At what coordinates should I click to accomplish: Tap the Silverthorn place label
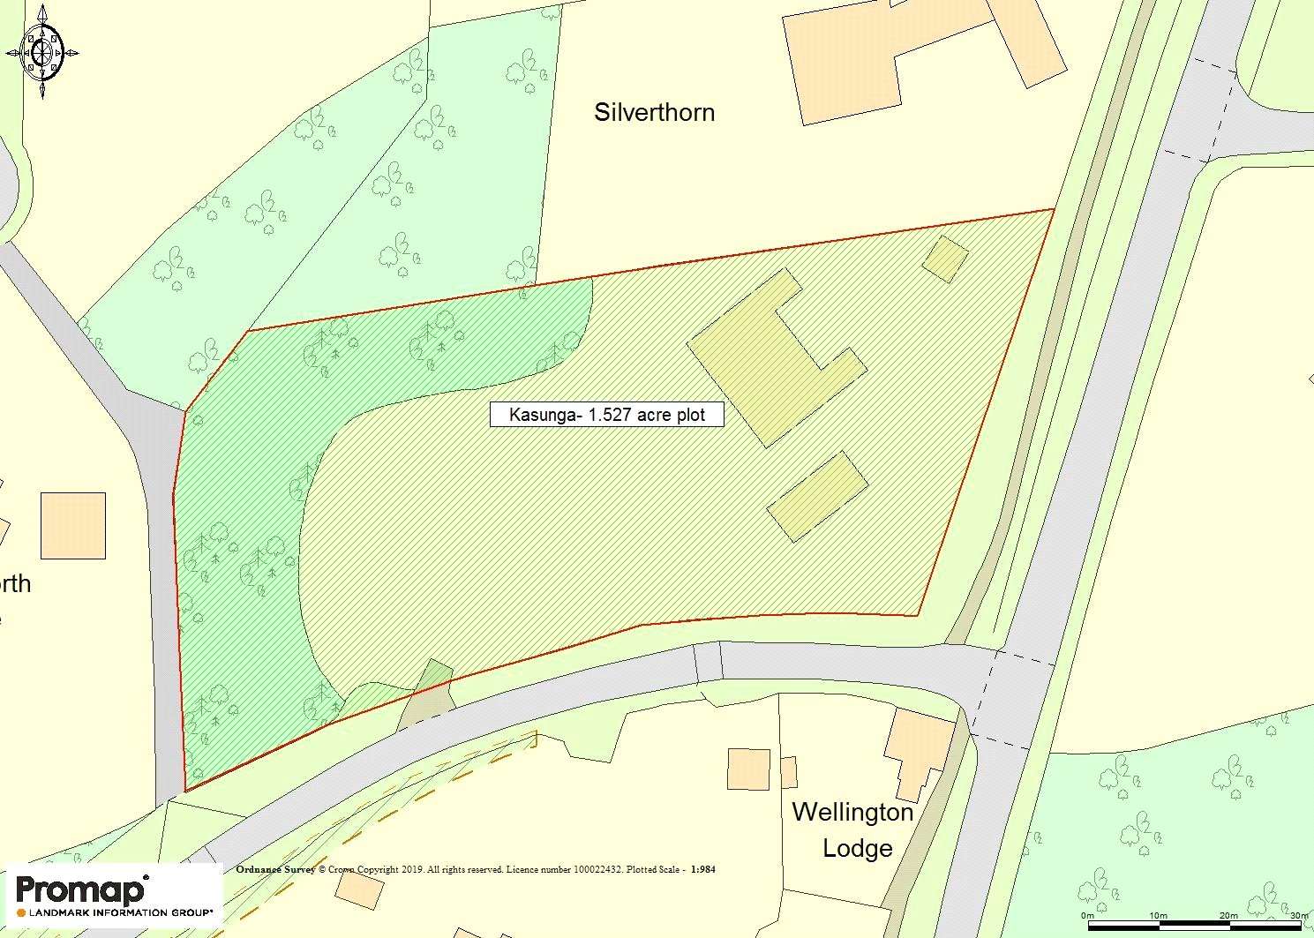coord(654,113)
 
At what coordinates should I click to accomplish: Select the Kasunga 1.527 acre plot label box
coord(607,415)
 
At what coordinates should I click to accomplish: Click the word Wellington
coord(852,812)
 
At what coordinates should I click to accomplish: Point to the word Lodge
coord(858,849)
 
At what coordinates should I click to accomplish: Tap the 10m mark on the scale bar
coord(1158,916)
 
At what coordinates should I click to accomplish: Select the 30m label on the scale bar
coord(1298,916)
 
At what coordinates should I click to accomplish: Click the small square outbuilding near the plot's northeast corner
coord(946,259)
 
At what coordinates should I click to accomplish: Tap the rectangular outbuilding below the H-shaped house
coord(818,496)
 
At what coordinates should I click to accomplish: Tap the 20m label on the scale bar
coord(1228,916)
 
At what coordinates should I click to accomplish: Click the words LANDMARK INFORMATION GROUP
coord(121,912)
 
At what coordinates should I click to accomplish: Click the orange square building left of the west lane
coord(73,526)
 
